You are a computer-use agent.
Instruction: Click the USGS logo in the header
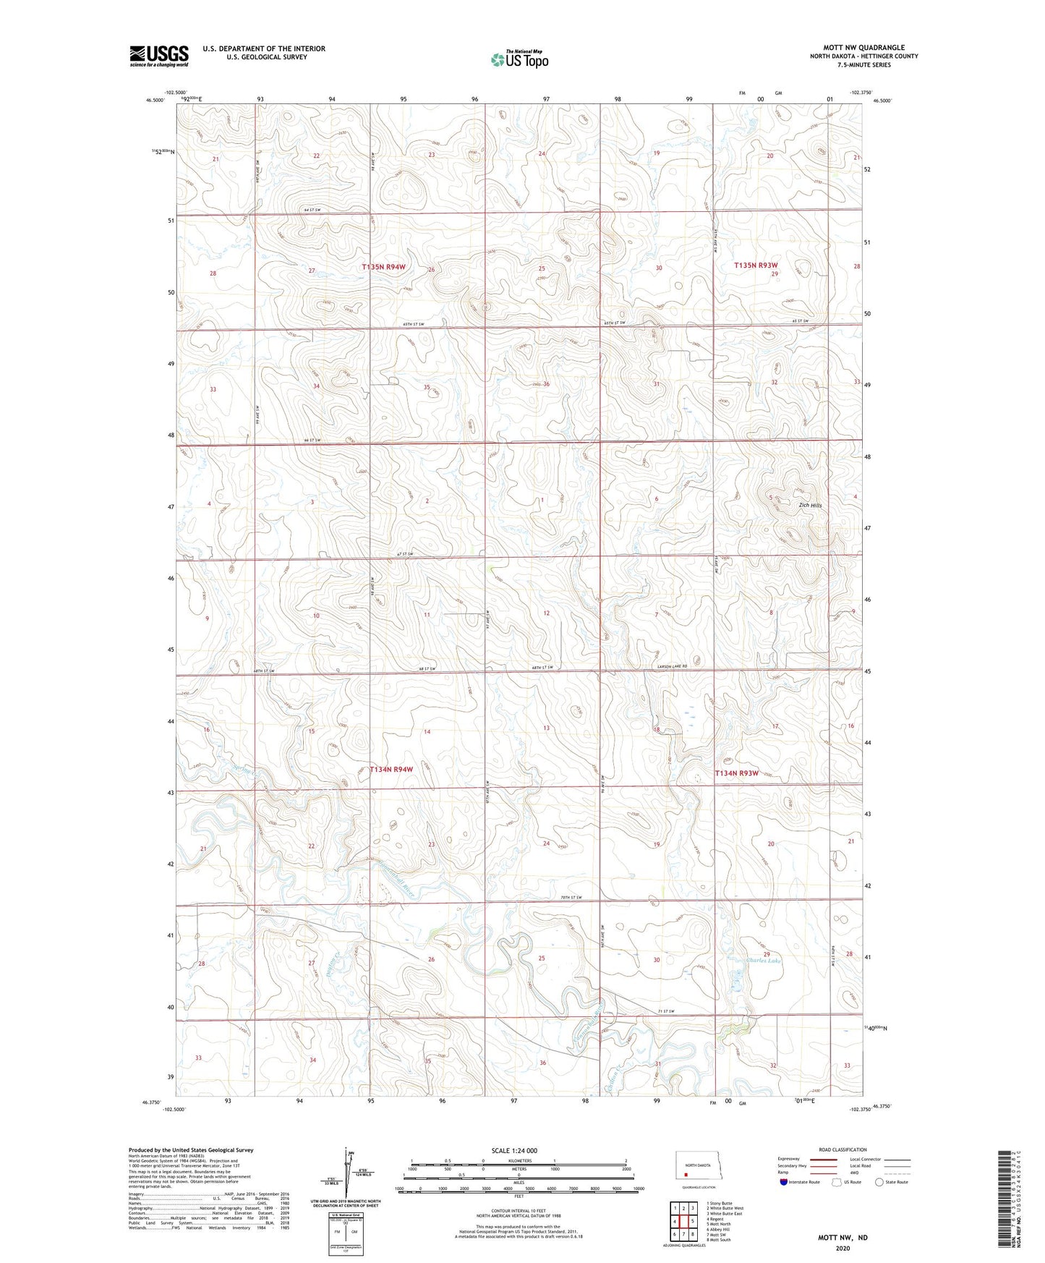click(158, 56)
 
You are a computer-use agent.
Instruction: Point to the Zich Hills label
click(810, 505)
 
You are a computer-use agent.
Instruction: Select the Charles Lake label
click(764, 961)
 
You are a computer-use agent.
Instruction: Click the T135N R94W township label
click(383, 267)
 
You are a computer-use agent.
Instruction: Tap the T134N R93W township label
click(736, 773)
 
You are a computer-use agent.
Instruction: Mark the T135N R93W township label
click(756, 265)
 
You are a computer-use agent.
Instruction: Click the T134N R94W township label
click(391, 770)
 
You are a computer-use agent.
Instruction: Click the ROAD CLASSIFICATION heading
click(843, 1149)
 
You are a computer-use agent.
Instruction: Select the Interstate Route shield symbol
click(784, 1183)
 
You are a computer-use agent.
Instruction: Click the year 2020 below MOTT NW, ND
click(843, 1249)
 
